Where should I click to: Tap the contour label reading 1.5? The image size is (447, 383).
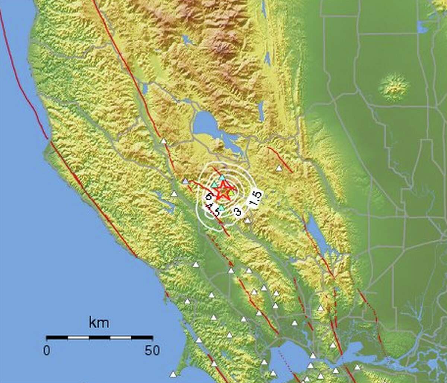coord(255,198)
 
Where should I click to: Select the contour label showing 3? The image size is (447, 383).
coord(238,212)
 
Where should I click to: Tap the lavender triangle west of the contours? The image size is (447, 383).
coord(185,181)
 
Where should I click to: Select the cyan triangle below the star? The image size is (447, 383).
coord(221,208)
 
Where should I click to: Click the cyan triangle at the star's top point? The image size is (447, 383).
coord(222,178)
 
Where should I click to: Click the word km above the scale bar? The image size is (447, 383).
coord(99,323)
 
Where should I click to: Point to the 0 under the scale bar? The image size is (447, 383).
coord(47,351)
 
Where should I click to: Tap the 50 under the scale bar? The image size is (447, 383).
coord(152,351)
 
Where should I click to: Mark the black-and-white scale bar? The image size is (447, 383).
coord(99,338)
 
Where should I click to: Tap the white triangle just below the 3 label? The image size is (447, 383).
coord(247,220)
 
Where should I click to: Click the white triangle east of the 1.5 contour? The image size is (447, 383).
coord(279,168)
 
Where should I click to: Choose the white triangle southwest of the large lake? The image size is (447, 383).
coord(163,141)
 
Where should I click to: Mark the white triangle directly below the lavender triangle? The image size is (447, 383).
coord(174,194)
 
